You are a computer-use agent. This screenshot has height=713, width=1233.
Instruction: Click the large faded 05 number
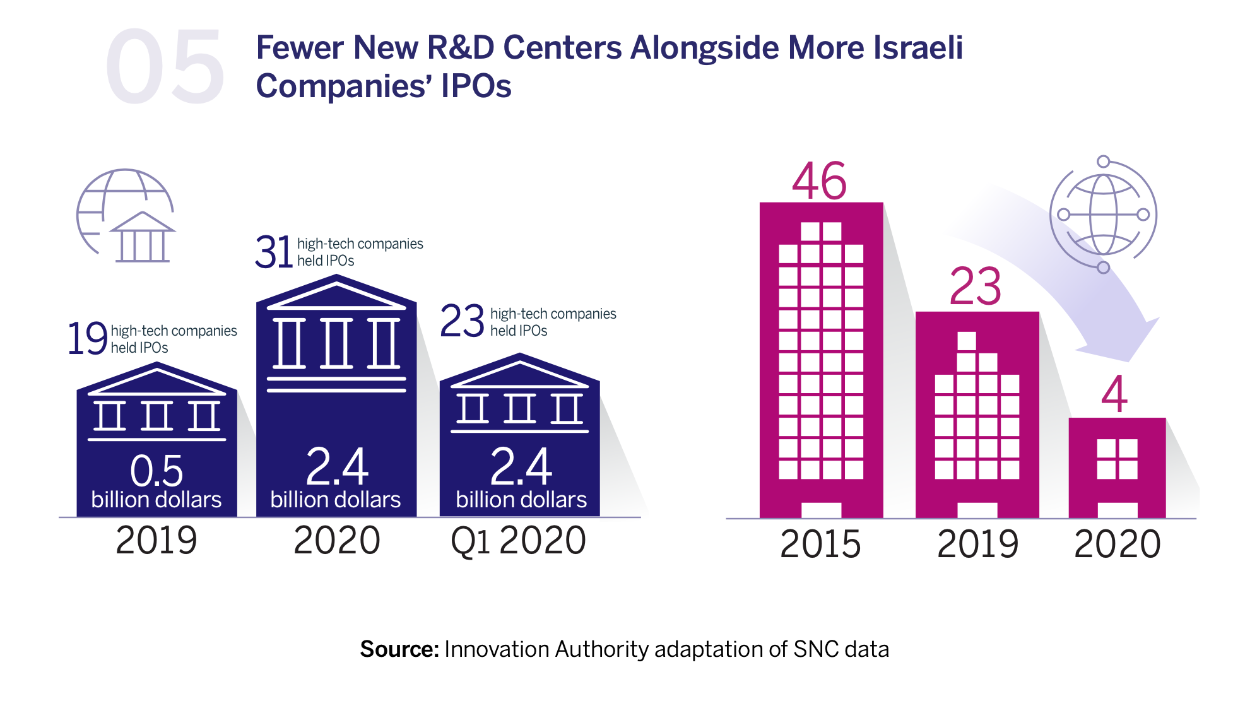coord(164,68)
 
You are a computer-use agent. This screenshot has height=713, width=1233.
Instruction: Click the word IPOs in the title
coord(476,86)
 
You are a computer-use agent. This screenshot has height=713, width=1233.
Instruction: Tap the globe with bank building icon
coord(126,216)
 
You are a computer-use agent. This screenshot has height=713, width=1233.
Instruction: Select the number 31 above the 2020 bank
coord(274,252)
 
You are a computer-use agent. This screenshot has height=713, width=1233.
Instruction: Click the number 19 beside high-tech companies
coord(88,339)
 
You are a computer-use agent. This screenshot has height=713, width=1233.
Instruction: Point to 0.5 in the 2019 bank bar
coord(156,471)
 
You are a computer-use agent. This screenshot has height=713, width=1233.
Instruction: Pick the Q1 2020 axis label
coord(518,541)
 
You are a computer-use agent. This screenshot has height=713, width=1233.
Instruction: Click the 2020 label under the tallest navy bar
coord(337,541)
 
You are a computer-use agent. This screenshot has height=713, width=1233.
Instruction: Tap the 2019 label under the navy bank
coord(156,541)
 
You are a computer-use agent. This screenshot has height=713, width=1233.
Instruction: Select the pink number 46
coord(819,182)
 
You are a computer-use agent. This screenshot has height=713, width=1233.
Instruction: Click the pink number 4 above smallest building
coord(1114,395)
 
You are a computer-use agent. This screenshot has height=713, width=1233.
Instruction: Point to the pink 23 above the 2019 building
coord(976,287)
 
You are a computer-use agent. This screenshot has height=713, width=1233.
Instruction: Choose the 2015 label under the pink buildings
coord(820,544)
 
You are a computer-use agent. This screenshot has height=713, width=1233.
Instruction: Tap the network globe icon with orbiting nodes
coord(1103,215)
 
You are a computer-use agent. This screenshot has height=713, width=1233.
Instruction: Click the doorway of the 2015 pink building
coord(821,510)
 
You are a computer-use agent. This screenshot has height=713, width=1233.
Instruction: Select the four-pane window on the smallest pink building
coord(1117,459)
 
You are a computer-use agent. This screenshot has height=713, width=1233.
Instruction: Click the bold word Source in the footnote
coord(399,649)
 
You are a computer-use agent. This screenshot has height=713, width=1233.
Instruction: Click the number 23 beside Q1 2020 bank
coord(462,321)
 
